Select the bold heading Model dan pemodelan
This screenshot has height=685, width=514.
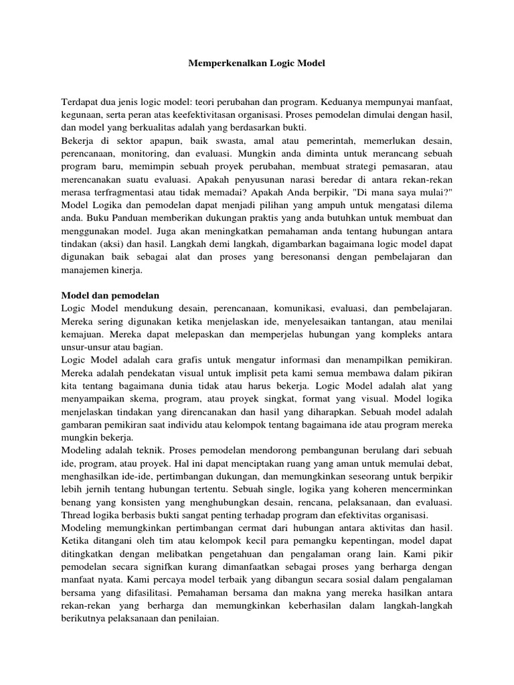click(111, 295)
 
